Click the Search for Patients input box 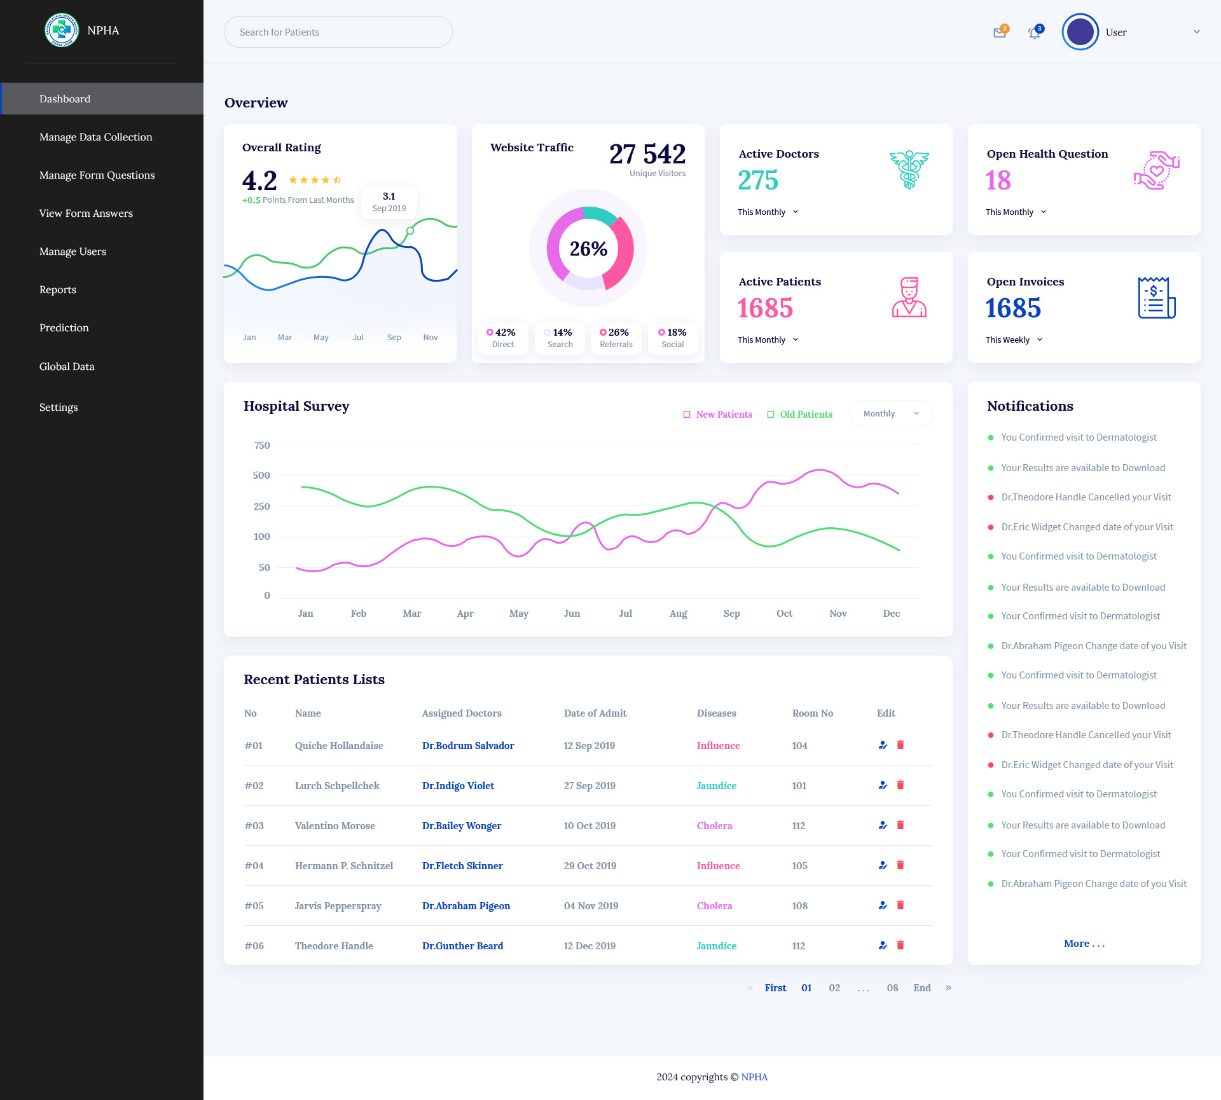[338, 32]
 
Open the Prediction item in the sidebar [64, 327]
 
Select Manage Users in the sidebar [72, 251]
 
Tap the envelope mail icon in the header [1000, 33]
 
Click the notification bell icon [1035, 33]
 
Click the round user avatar [1080, 32]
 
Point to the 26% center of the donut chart [588, 249]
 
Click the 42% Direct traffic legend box [502, 338]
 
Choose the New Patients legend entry [718, 415]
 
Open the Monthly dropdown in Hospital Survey [891, 414]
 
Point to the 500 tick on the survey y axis [261, 476]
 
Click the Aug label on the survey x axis [678, 614]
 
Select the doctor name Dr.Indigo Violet [458, 786]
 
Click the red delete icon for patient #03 [900, 825]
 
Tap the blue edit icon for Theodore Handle [883, 945]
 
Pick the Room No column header [812, 713]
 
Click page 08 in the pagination [892, 988]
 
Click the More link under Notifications [1084, 944]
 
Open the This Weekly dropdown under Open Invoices [1014, 340]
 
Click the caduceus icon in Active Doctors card [909, 170]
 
